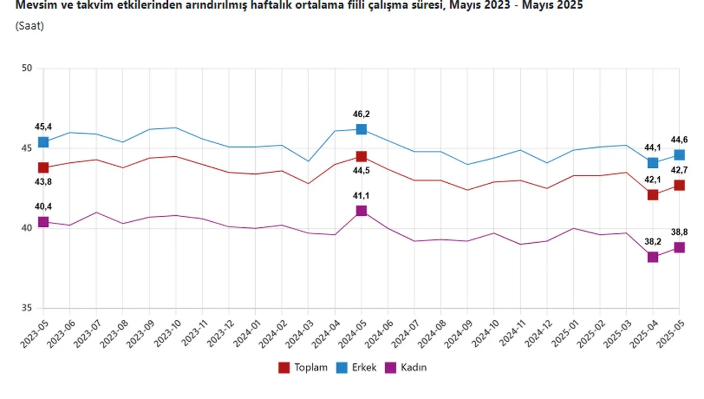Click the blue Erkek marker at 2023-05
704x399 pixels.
(x=43, y=142)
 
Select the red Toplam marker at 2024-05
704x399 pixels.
(x=361, y=157)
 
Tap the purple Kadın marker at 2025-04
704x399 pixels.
(x=653, y=257)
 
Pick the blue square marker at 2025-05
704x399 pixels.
(x=679, y=155)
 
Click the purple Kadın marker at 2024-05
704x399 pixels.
(x=361, y=211)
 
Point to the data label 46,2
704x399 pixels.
(x=361, y=114)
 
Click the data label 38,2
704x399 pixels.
(x=653, y=241)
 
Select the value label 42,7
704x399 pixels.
(x=679, y=170)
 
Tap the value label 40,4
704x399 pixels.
(x=43, y=206)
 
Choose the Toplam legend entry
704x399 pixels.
(x=303, y=368)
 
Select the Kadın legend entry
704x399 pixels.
(x=406, y=368)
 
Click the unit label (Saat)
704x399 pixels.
(x=30, y=26)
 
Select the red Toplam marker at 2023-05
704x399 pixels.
(x=43, y=167)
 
